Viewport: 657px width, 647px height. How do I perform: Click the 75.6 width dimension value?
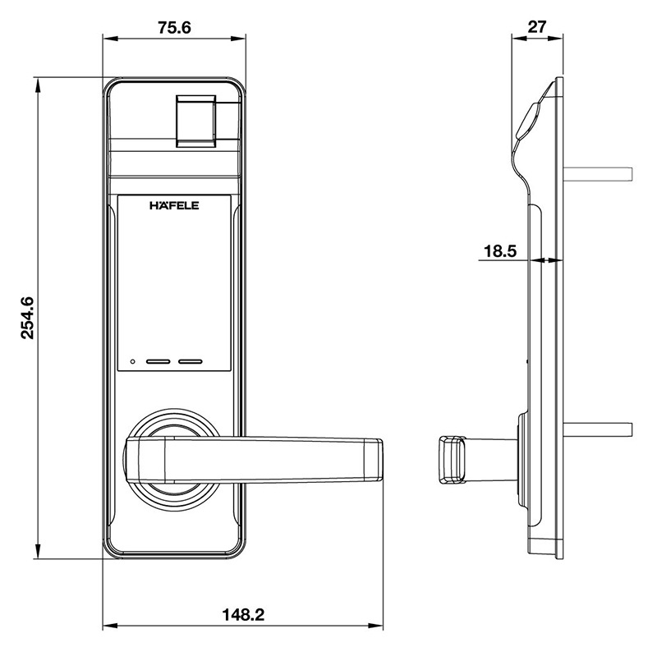tap(174, 28)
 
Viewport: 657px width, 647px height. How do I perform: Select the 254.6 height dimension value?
tap(28, 318)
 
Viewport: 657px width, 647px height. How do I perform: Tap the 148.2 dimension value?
tap(243, 615)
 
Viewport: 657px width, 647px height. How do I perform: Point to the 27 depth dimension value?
tap(537, 27)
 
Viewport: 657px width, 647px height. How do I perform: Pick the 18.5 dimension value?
tap(500, 251)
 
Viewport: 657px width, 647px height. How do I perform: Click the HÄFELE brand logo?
tap(174, 206)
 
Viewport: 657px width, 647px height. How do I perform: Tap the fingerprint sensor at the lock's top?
tap(195, 121)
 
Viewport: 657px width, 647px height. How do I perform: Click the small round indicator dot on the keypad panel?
tap(133, 361)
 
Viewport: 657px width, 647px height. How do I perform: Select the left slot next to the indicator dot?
tap(158, 361)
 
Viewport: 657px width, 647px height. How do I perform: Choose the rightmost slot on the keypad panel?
tap(191, 361)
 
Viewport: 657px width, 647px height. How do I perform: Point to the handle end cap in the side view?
tap(453, 460)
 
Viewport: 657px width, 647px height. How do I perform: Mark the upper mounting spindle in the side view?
tap(598, 174)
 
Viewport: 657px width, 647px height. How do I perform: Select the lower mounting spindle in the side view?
tap(598, 429)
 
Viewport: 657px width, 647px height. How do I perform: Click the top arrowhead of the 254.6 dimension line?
tap(38, 86)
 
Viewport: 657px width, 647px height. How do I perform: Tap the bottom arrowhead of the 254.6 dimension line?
tap(38, 551)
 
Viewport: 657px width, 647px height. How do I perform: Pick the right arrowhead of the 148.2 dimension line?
tap(376, 626)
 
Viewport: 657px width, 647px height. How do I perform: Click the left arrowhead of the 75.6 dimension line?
tap(111, 39)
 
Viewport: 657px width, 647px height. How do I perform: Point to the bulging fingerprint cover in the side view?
tap(529, 121)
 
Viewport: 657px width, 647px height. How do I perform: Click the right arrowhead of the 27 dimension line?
tap(556, 38)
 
